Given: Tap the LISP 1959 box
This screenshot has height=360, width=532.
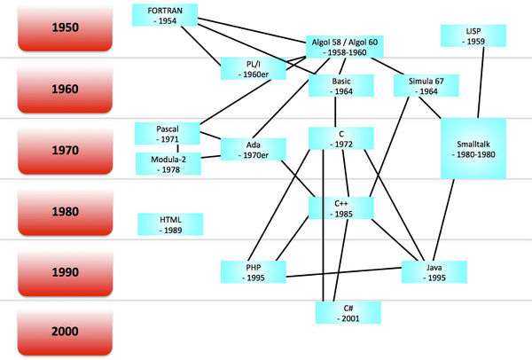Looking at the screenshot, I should pyautogui.click(x=473, y=36).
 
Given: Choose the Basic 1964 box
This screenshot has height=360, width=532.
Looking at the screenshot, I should pyautogui.click(x=334, y=86).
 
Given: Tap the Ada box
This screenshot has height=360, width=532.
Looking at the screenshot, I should pyautogui.click(x=253, y=149).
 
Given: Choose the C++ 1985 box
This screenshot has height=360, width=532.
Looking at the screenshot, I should pyautogui.click(x=340, y=207).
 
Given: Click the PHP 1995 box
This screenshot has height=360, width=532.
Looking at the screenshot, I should pyautogui.click(x=254, y=271).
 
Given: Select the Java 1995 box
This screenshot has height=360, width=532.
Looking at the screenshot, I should pyautogui.click(x=434, y=271).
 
